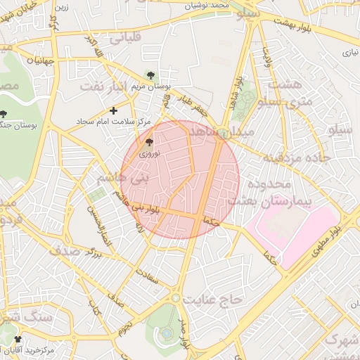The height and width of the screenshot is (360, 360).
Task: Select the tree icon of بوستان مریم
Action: (149, 75)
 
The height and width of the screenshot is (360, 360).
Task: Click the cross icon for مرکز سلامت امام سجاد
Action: (114, 110)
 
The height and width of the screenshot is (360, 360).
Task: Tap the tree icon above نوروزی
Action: (148, 142)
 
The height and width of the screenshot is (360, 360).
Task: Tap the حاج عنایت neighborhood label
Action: (212, 300)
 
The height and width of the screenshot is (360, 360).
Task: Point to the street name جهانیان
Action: (31, 60)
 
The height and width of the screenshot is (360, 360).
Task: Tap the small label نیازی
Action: (349, 52)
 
